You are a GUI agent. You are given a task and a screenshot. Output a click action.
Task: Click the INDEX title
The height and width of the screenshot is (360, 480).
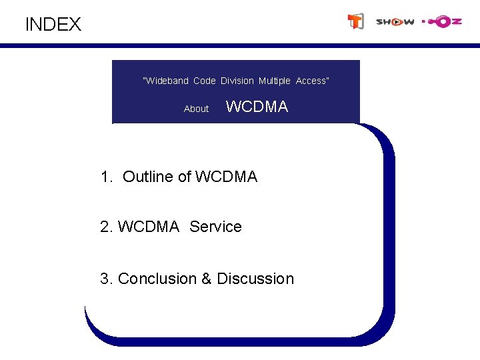(53, 25)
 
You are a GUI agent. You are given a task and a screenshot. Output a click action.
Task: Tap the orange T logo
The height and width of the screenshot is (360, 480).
(356, 22)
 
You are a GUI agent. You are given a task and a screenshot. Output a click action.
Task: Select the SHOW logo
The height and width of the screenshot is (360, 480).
(395, 22)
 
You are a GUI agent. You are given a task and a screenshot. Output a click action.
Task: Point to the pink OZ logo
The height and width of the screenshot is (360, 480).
(442, 22)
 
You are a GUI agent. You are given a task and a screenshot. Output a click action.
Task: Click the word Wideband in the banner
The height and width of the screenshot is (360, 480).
(166, 81)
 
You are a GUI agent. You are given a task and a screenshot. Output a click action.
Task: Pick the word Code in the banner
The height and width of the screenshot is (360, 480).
(205, 81)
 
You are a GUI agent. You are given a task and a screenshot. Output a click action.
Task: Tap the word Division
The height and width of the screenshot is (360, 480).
(237, 81)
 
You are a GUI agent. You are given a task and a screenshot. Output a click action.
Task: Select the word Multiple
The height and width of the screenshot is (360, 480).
(275, 81)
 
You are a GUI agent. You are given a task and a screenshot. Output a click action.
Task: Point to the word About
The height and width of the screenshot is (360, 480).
(196, 109)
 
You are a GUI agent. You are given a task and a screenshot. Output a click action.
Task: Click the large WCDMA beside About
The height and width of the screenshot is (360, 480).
(257, 107)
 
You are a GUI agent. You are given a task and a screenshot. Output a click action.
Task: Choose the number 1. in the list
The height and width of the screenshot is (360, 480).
(107, 177)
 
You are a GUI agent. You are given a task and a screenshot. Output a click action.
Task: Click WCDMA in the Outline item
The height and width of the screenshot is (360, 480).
(227, 177)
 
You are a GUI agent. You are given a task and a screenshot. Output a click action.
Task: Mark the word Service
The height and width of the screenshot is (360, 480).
(215, 227)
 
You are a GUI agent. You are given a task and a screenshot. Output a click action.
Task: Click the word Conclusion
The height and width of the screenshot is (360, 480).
(157, 279)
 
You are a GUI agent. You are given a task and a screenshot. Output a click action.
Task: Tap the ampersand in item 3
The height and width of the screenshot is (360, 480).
(207, 279)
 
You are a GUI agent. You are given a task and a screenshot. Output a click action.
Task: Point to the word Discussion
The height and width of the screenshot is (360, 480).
(255, 279)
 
